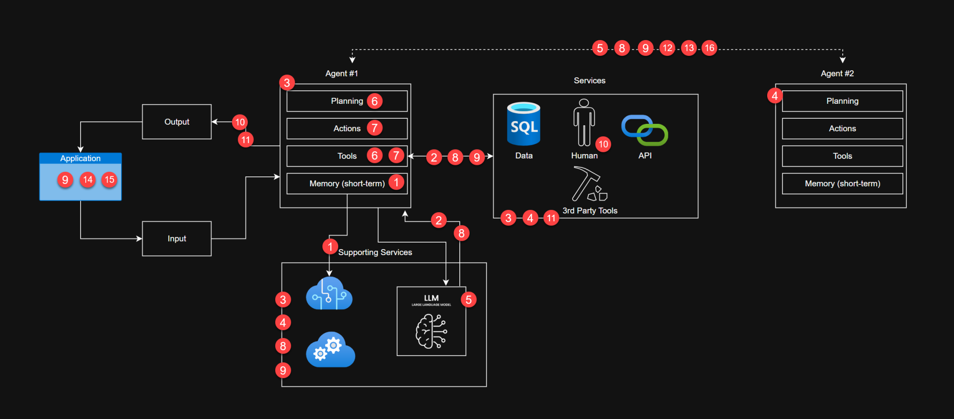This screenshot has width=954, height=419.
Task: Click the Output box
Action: (x=177, y=122)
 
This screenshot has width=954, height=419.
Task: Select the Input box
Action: (x=177, y=238)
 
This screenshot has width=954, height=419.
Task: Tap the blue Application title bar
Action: (x=80, y=158)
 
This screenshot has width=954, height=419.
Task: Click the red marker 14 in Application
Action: (x=88, y=180)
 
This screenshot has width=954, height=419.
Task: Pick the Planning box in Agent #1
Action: (x=347, y=101)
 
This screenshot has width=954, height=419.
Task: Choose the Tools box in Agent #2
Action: (x=842, y=156)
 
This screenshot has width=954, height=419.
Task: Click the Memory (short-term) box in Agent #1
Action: (x=347, y=183)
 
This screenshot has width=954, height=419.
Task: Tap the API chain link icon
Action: (x=645, y=130)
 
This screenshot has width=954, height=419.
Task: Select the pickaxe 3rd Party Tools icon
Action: (x=589, y=184)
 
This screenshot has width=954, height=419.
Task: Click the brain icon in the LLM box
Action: (x=431, y=331)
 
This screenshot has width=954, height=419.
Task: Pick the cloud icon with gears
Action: (x=330, y=350)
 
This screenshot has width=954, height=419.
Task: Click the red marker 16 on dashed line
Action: (x=709, y=48)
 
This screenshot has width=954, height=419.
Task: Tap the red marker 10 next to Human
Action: (x=603, y=144)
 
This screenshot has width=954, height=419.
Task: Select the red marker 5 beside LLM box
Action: (x=469, y=300)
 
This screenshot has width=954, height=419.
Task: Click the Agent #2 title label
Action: (x=837, y=74)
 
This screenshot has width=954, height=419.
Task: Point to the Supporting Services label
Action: (x=375, y=252)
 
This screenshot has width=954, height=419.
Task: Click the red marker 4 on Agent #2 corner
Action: (x=775, y=96)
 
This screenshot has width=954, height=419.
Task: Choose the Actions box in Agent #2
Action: (x=842, y=128)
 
